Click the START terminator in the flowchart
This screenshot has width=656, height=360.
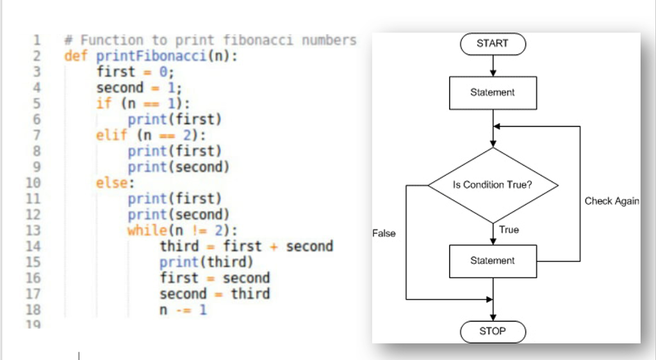(x=493, y=44)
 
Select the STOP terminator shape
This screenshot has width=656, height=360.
(x=493, y=331)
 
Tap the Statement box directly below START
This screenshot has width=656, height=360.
(x=493, y=93)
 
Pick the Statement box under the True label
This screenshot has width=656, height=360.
(x=493, y=261)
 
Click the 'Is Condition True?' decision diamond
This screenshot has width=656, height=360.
(x=493, y=185)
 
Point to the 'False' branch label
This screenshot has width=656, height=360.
(x=384, y=234)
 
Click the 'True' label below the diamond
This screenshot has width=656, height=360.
(x=509, y=230)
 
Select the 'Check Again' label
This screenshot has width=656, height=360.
(x=612, y=201)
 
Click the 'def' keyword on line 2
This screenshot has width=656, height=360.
(x=76, y=56)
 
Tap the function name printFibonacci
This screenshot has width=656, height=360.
(x=151, y=56)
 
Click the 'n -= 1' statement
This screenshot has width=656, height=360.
(x=183, y=310)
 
